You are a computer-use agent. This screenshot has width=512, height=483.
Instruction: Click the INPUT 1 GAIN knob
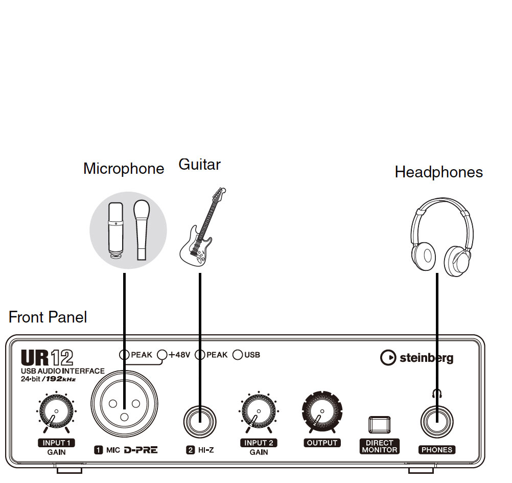55,412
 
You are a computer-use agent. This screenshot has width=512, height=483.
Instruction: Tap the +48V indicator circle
162,355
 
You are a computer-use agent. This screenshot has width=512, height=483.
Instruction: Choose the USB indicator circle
238,355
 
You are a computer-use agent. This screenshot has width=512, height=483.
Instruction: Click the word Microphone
124,169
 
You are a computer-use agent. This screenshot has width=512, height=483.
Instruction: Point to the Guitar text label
199,165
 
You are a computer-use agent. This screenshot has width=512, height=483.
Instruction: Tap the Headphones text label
438,172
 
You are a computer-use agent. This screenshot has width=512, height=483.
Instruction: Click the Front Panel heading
48,317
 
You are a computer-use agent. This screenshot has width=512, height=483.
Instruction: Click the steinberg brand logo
416,358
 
